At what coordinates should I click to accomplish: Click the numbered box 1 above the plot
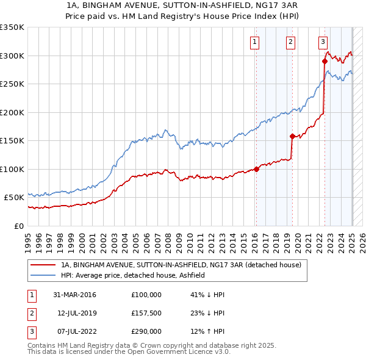pyautogui.click(x=254, y=42)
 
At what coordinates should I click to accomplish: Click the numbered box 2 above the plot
pyautogui.click(x=290, y=42)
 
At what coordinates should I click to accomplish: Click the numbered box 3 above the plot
pyautogui.click(x=323, y=42)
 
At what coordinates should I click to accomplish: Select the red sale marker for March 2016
pyautogui.click(x=256, y=169)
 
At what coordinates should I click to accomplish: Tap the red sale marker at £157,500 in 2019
pyautogui.click(x=292, y=137)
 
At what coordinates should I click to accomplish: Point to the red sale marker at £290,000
pyautogui.click(x=325, y=61)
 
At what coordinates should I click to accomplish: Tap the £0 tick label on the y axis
pyautogui.click(x=18, y=226)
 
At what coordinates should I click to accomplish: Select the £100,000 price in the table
pyautogui.click(x=146, y=295)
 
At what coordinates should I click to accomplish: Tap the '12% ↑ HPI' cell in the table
pyautogui.click(x=207, y=332)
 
